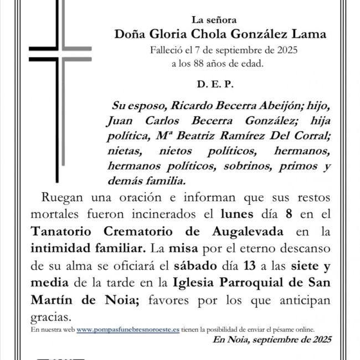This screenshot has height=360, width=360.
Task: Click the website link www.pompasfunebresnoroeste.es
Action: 128,329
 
